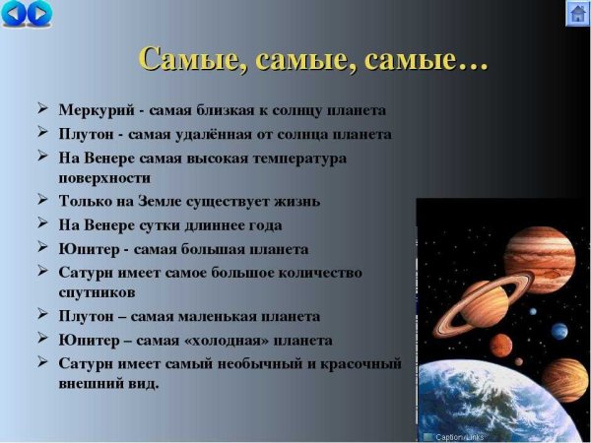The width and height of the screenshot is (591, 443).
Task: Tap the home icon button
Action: point(577,14)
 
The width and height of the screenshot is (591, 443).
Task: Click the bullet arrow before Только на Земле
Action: point(44,201)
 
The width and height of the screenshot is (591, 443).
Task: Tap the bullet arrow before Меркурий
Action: point(44,109)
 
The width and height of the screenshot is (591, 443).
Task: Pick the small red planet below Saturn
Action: point(501,346)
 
